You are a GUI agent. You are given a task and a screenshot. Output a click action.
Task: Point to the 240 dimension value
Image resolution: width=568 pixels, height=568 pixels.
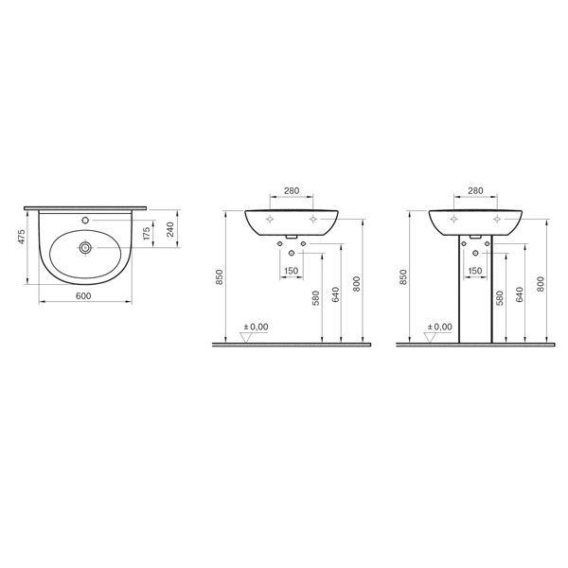(x=169, y=230)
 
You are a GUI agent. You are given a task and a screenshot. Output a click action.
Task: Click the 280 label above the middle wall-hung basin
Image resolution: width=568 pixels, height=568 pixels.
(x=292, y=191)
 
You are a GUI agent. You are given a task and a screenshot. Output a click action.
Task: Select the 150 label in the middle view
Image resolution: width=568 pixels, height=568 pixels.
(x=293, y=272)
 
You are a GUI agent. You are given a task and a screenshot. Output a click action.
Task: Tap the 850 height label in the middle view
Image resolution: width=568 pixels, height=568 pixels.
(x=219, y=276)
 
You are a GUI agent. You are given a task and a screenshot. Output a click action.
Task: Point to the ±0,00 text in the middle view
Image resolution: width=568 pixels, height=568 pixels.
(x=257, y=327)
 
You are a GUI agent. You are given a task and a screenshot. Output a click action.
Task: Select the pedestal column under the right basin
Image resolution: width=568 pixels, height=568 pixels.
(x=476, y=293)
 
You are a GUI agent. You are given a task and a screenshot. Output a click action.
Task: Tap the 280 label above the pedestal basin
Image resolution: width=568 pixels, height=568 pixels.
(x=476, y=191)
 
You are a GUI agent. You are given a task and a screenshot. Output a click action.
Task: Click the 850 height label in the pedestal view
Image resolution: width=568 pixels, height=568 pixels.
(x=403, y=276)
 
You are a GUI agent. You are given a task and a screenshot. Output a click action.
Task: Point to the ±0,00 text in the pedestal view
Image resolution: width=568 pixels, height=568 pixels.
(x=441, y=327)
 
